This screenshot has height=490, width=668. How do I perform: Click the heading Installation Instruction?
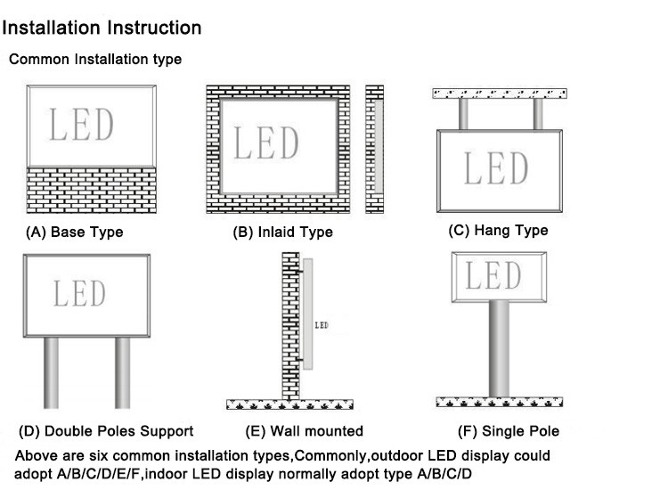click(x=102, y=28)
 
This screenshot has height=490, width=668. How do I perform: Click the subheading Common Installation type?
click(x=95, y=60)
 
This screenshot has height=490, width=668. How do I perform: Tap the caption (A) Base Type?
click(x=75, y=233)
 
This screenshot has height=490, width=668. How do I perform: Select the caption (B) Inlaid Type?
click(x=282, y=233)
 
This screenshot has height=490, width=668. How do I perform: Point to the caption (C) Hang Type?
click(x=498, y=231)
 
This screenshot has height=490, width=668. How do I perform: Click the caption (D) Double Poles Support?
click(x=106, y=431)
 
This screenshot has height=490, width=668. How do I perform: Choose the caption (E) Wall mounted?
click(x=305, y=431)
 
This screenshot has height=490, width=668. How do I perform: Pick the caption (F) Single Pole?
click(x=509, y=431)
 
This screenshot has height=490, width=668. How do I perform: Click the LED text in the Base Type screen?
click(x=81, y=126)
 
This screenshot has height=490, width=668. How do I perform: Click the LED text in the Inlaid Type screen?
click(x=266, y=143)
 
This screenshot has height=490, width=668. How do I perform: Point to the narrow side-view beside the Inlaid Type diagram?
click(x=374, y=148)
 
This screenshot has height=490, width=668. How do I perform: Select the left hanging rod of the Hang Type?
click(x=463, y=113)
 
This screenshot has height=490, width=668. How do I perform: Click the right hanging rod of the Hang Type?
click(x=537, y=113)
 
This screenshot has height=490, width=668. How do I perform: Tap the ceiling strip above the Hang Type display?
click(x=500, y=93)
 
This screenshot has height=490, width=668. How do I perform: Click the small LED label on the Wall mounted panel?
click(x=322, y=326)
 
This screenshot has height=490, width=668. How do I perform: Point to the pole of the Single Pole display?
click(x=499, y=347)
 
